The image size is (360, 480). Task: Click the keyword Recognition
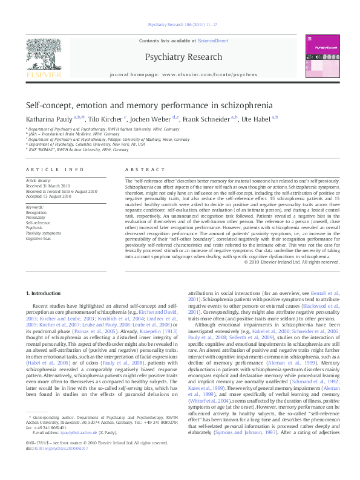pos(36,213)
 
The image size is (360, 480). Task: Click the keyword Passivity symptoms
pos(43,233)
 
